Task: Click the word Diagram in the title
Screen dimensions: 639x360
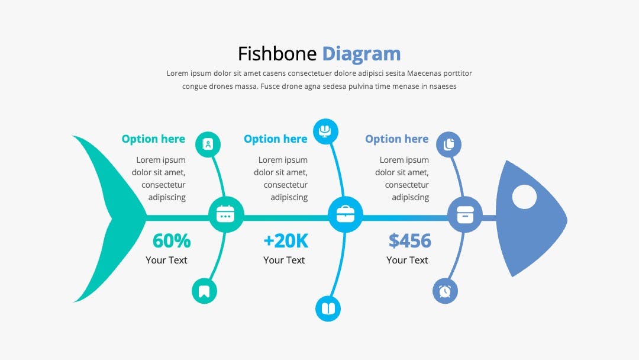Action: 362,54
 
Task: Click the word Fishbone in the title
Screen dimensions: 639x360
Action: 277,54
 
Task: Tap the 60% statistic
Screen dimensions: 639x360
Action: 172,240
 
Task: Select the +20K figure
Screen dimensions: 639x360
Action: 286,240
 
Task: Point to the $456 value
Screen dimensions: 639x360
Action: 409,240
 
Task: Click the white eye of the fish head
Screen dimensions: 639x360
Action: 524,197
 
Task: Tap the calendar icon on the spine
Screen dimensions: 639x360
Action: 225,214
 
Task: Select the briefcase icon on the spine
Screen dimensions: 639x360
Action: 345,214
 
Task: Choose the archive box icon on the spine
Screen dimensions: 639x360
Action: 465,214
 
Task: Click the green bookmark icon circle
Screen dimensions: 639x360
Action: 204,291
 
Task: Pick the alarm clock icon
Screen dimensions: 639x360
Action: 445,291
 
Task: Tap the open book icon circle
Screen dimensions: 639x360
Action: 328,308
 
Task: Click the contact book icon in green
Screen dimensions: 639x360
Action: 208,144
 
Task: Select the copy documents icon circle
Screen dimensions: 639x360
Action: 448,144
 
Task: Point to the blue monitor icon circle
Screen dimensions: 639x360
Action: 325,131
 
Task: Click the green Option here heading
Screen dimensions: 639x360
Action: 153,139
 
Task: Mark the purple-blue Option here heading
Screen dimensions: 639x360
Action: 397,139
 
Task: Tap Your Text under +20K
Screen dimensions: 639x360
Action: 284,260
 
